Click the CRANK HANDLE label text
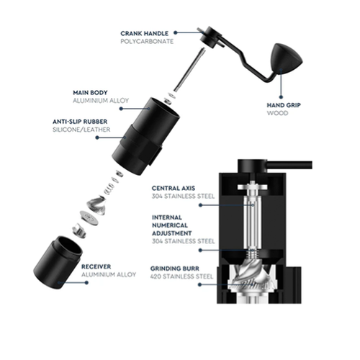pyautogui.click(x=144, y=33)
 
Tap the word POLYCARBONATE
pyautogui.click(x=147, y=41)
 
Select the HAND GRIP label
pyautogui.click(x=284, y=105)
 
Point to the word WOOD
pyautogui.click(x=277, y=113)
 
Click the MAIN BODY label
pyautogui.click(x=90, y=93)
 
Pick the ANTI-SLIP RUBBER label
pyautogui.click(x=80, y=122)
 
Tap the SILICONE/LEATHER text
pyautogui.click(x=81, y=130)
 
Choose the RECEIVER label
pyautogui.click(x=96, y=266)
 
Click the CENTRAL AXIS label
pyautogui.click(x=174, y=188)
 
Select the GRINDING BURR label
pyautogui.click(x=175, y=269)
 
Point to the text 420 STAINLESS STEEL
pyautogui.click(x=181, y=276)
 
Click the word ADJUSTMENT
pyautogui.click(x=172, y=233)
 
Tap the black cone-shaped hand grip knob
pyautogui.click(x=286, y=58)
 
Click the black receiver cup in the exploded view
pyautogui.click(x=58, y=261)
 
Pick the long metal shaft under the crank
pyautogui.click(x=189, y=70)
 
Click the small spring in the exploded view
pyautogui.click(x=109, y=189)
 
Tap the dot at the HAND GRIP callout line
pyautogui.click(x=281, y=97)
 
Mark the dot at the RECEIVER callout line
pyautogui.click(x=86, y=283)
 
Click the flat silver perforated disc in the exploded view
pyautogui.click(x=89, y=217)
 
